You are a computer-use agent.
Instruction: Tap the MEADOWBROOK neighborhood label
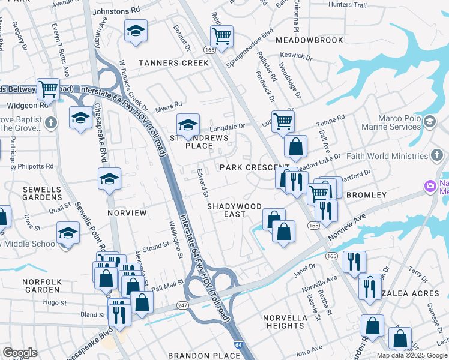(x=309, y=40)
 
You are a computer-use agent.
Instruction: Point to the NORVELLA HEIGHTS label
(x=285, y=322)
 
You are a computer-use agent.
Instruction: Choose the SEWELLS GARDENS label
(x=42, y=193)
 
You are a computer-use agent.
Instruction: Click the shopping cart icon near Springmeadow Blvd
(x=222, y=36)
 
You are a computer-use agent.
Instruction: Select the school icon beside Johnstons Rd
(x=136, y=30)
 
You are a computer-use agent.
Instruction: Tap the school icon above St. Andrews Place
(x=188, y=125)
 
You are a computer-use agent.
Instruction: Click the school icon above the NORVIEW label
(x=109, y=179)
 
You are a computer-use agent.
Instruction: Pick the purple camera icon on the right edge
(x=430, y=187)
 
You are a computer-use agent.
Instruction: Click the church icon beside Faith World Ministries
(x=438, y=156)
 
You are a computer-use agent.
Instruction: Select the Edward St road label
(x=202, y=184)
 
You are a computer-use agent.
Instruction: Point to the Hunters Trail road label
(x=348, y=5)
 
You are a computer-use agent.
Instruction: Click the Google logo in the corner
(x=20, y=353)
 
